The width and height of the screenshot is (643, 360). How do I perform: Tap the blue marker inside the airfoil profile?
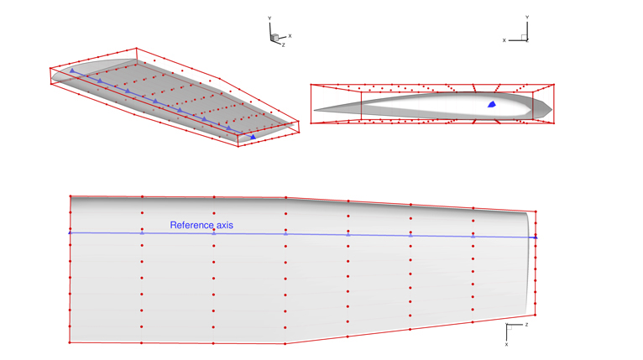coord(492,105)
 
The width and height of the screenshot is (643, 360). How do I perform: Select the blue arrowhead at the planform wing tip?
coord(535,237)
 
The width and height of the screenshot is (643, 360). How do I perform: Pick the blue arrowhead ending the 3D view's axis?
coord(253,137)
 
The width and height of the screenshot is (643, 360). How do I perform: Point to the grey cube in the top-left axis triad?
coord(274,37)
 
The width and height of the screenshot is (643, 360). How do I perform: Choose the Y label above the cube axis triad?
coord(269,18)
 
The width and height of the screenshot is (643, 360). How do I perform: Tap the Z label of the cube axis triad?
coord(284,45)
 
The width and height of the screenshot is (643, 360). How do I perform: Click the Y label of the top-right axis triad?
coord(526,17)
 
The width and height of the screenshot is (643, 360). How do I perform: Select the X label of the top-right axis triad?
coord(504,39)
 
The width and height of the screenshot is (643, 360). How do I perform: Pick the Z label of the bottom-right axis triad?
coord(526,324)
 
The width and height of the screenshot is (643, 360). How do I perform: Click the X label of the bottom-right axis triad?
coord(507,344)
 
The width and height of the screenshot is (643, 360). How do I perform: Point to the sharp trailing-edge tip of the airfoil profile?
coord(316,112)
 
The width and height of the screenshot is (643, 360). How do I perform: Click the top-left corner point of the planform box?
coord(71,196)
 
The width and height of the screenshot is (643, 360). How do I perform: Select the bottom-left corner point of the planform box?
coord(71,342)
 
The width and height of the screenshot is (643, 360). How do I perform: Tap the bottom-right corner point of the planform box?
coord(535,315)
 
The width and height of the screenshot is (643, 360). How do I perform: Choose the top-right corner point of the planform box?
coord(536,211)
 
